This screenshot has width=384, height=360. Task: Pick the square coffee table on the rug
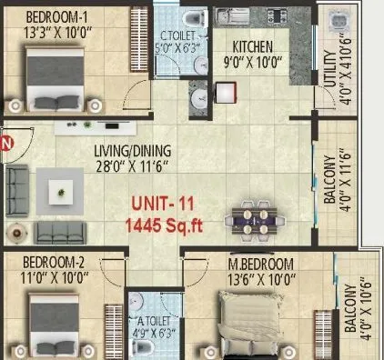[x=62, y=190]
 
